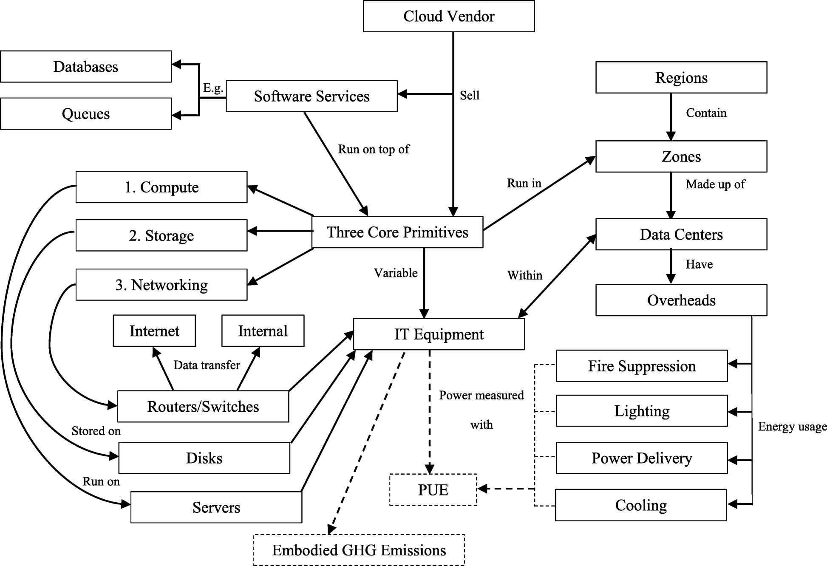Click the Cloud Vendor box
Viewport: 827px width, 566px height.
(x=448, y=16)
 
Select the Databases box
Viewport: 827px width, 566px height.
(x=86, y=67)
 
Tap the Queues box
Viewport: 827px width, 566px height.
(x=86, y=114)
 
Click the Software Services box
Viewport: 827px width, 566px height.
(x=312, y=96)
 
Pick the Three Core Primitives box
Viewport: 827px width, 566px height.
(x=397, y=232)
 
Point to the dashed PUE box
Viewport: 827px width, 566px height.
(x=433, y=490)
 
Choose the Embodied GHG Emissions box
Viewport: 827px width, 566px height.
(x=359, y=550)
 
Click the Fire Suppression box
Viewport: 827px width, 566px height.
(x=641, y=366)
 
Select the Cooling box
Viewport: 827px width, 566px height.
(x=640, y=505)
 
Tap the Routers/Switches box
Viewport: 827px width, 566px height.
(x=203, y=406)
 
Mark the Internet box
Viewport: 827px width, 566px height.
(x=154, y=331)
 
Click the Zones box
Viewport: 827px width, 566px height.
(x=681, y=156)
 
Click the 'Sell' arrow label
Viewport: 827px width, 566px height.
(x=470, y=95)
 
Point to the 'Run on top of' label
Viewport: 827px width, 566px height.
(x=373, y=149)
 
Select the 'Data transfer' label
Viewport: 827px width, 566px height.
(x=207, y=365)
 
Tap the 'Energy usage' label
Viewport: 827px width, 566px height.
(x=792, y=426)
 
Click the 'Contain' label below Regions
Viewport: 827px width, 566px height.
(x=706, y=113)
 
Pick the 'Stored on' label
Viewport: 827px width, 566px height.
(x=96, y=431)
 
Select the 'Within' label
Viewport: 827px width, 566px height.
(x=524, y=275)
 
